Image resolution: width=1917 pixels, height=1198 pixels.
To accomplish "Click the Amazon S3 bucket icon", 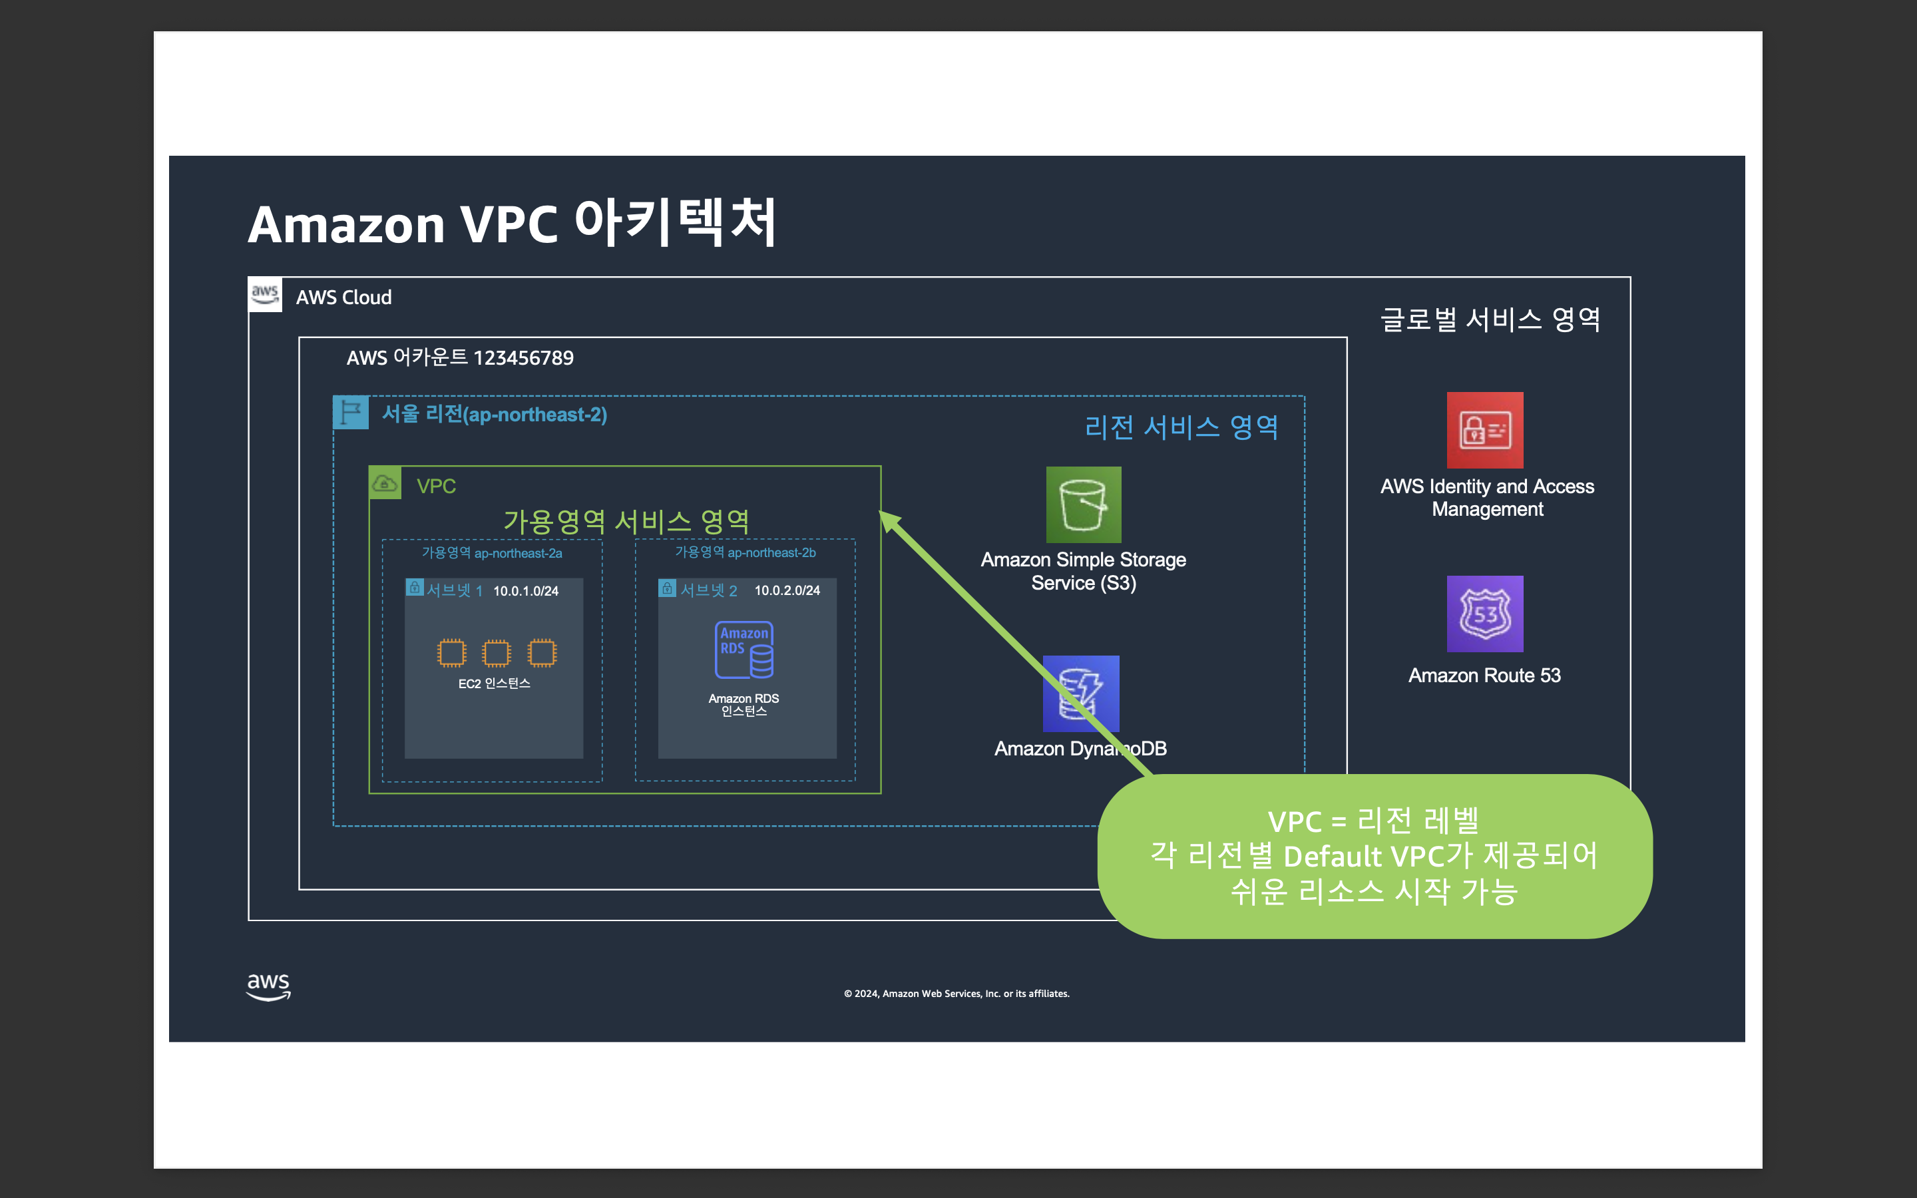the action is tap(1084, 504).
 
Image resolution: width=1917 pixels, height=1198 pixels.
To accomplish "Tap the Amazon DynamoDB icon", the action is tap(1080, 694).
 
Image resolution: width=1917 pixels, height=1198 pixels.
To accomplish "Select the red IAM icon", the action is tap(1484, 430).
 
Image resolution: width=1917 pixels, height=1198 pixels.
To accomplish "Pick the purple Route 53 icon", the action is tap(1484, 614).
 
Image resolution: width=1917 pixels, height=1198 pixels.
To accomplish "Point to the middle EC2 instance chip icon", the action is tap(497, 653).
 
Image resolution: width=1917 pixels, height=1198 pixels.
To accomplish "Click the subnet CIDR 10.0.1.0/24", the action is tap(525, 591).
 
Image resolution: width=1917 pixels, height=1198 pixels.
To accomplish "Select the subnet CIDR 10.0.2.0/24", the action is tap(787, 590).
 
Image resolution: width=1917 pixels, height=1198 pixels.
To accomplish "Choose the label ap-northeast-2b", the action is tap(771, 552).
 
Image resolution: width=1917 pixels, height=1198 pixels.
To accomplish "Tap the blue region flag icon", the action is tap(350, 413).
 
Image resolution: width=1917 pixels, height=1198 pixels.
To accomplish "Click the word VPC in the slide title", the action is tap(509, 224).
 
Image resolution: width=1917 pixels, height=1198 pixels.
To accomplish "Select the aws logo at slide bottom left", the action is tap(268, 986).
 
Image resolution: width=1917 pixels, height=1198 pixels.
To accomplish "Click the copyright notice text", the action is tap(956, 994).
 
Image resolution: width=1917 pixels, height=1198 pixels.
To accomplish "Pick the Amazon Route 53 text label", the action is tap(1484, 675).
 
